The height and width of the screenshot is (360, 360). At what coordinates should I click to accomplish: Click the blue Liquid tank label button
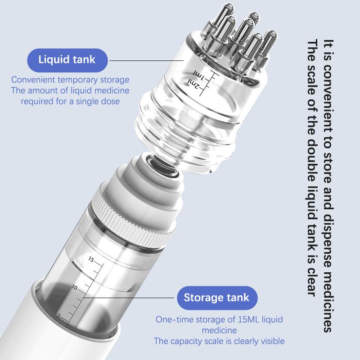click(67, 59)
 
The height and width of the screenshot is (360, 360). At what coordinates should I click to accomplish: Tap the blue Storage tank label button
click(216, 297)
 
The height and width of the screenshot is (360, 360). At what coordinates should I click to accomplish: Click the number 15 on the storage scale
click(91, 260)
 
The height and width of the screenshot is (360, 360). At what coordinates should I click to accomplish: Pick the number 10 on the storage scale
click(75, 287)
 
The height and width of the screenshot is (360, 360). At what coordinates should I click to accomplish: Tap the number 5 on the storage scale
click(58, 315)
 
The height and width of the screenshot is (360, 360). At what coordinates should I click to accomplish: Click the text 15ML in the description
click(236, 319)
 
